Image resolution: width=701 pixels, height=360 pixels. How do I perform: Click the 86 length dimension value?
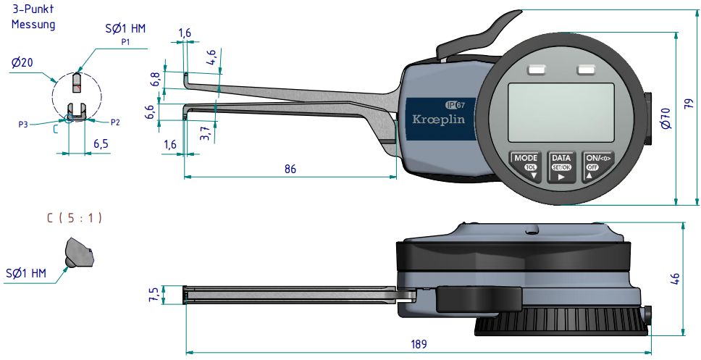(x=290, y=168)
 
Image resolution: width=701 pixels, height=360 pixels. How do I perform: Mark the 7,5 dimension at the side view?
(x=154, y=294)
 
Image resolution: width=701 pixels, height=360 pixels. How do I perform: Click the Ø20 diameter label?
(x=22, y=63)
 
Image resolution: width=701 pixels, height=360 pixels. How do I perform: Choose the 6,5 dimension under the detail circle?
(x=101, y=143)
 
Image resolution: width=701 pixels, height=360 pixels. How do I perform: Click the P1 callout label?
(x=125, y=43)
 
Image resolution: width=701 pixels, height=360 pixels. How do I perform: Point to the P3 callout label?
(x=23, y=124)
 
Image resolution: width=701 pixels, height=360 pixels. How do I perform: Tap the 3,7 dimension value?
(x=206, y=133)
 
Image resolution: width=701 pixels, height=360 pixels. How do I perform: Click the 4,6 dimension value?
(x=211, y=58)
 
